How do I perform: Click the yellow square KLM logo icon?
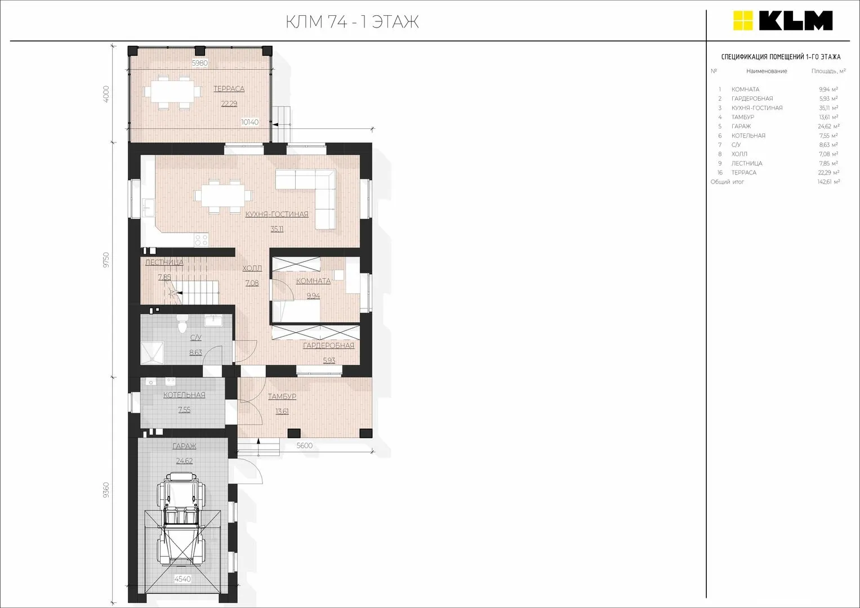(743, 21)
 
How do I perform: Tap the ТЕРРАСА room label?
(229, 89)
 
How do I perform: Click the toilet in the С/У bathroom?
(182, 324)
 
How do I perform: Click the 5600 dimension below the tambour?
(305, 445)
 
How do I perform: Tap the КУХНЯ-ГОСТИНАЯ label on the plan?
(277, 214)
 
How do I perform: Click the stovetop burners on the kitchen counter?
(201, 240)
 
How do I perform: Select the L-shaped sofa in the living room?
(306, 200)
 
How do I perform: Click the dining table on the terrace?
(172, 92)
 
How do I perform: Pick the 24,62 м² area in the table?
(828, 126)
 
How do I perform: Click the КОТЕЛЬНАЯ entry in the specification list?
(748, 136)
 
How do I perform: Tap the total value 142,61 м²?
(828, 181)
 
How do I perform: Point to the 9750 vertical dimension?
(106, 260)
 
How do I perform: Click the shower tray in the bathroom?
(153, 352)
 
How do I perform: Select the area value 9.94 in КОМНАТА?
(313, 296)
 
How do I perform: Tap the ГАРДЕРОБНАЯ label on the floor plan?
(329, 346)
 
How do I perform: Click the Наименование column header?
(767, 71)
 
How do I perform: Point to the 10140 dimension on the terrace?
(249, 122)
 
